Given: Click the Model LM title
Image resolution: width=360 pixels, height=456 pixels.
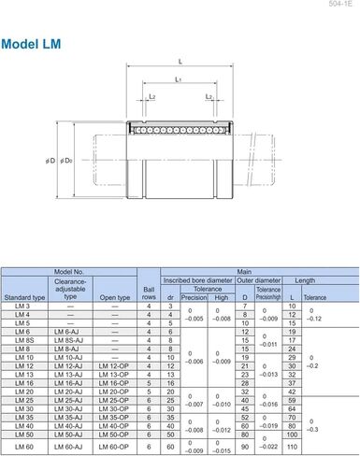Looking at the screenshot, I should click(35, 44).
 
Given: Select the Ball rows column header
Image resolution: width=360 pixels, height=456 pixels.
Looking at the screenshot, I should click(149, 289).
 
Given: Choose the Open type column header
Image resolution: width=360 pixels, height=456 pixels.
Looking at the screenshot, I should click(114, 298).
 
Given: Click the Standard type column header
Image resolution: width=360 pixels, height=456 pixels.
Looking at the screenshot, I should click(24, 298).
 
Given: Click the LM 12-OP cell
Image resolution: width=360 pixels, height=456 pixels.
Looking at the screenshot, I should click(114, 364).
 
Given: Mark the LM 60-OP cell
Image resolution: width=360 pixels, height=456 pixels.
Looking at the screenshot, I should click(114, 446).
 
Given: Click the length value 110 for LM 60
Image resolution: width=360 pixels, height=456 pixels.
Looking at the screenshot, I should click(292, 447).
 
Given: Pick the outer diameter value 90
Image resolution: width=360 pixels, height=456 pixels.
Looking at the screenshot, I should click(244, 447).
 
